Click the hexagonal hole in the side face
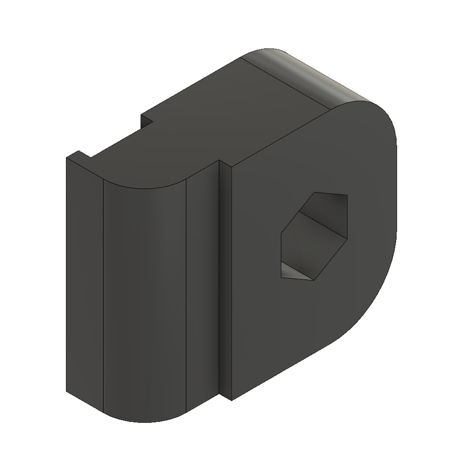point(315,236)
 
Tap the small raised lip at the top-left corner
point(79,155)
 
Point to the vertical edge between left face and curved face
point(102,296)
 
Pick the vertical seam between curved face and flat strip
point(186,296)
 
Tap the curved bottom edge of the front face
point(144,421)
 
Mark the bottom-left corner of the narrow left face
point(67,392)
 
